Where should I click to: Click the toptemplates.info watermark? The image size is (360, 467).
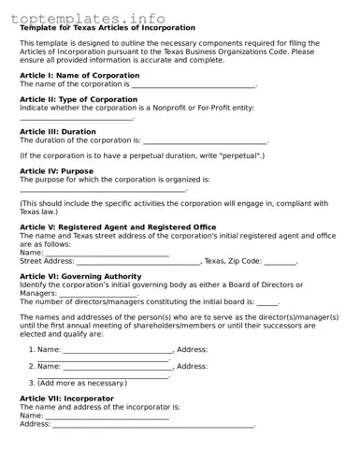(x=90, y=18)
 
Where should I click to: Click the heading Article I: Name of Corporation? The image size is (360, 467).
(x=79, y=76)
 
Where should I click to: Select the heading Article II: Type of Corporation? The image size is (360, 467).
(x=79, y=99)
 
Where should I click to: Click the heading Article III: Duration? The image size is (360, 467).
(x=58, y=131)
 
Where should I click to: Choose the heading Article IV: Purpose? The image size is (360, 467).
(x=56, y=171)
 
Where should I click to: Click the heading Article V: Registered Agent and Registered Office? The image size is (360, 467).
(x=118, y=227)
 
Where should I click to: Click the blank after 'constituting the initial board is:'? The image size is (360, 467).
(x=267, y=303)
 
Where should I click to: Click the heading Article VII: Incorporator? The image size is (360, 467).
(x=66, y=399)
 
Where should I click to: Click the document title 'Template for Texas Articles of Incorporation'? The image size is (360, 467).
(x=108, y=28)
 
